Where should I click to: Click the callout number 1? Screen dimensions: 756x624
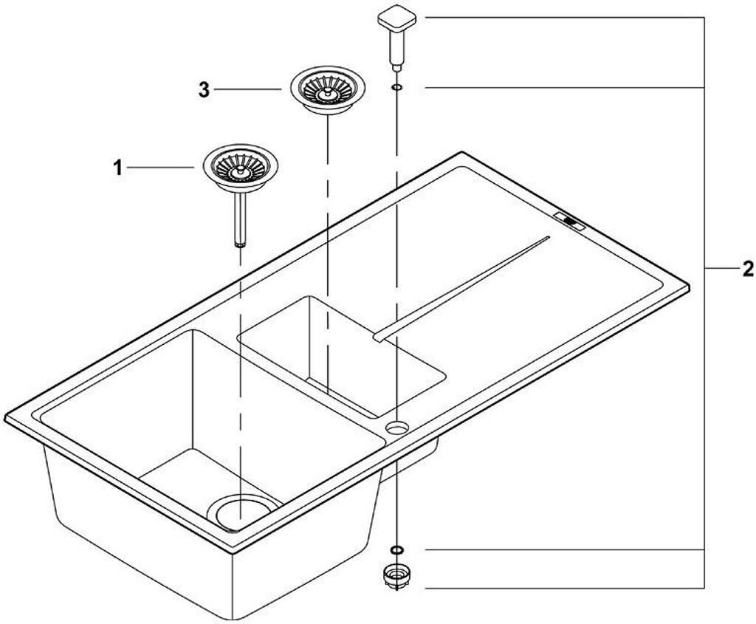[x=117, y=169]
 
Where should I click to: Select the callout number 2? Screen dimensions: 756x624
[x=747, y=269]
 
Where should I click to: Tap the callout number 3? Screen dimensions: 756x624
[x=205, y=90]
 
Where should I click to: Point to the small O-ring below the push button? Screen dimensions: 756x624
[x=396, y=87]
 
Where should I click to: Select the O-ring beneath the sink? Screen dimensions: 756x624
[x=396, y=549]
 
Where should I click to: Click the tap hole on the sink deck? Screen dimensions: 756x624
[x=397, y=426]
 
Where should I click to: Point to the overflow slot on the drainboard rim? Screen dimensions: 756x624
[x=570, y=220]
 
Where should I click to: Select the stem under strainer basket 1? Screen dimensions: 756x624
[x=240, y=219]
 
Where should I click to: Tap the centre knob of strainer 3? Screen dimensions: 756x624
[x=328, y=91]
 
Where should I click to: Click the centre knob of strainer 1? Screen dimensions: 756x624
[x=238, y=171]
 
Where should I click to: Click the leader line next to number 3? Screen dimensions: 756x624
[x=248, y=89]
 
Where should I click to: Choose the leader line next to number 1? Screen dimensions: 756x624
[x=161, y=167]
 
